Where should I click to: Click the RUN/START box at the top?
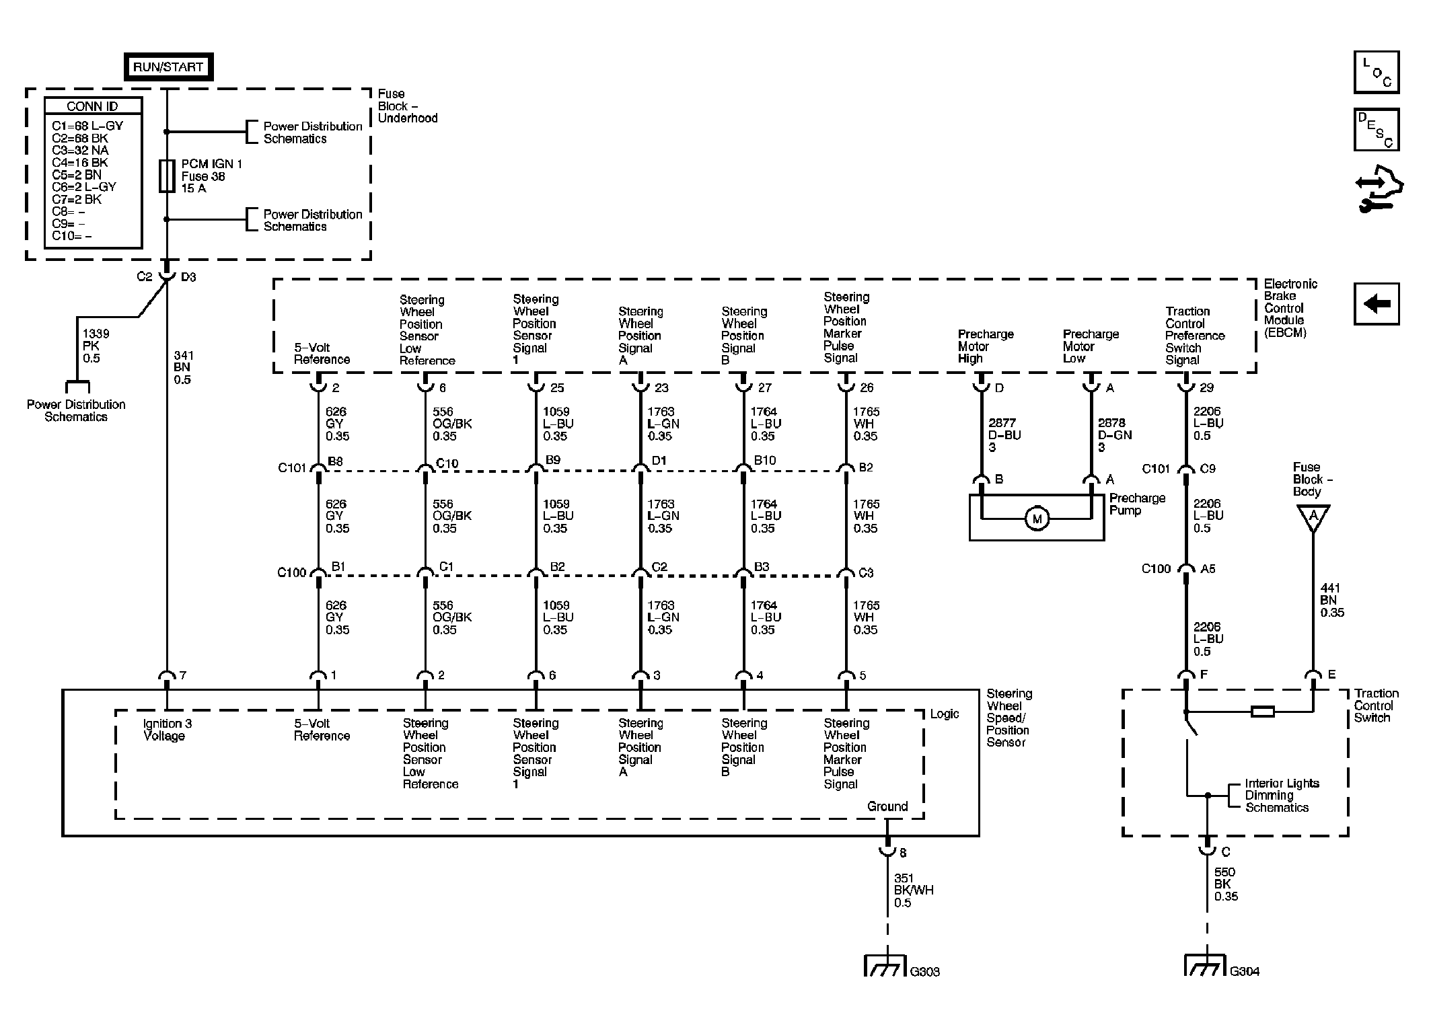[x=168, y=67]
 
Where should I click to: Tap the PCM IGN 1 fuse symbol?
[x=167, y=176]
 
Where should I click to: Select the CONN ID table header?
[x=93, y=106]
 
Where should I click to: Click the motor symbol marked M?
[x=1036, y=519]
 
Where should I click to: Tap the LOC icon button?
[x=1377, y=71]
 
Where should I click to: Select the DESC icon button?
[x=1377, y=129]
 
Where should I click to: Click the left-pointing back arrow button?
[x=1377, y=304]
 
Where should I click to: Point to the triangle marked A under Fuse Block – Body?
[x=1312, y=517]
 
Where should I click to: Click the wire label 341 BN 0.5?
[x=182, y=367]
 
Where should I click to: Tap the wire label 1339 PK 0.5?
[x=96, y=346]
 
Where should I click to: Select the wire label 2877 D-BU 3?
[x=1004, y=434]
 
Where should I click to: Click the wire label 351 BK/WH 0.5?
[x=914, y=890]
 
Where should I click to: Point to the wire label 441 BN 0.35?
[x=1332, y=600]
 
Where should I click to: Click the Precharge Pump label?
[x=1137, y=504]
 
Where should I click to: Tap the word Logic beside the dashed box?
[x=945, y=714]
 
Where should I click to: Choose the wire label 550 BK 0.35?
[x=1226, y=884]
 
